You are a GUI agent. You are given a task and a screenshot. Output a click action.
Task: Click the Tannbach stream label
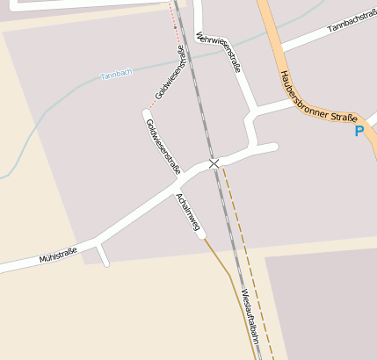pos(116,74)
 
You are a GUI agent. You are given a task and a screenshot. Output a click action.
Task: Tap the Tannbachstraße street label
pos(351,25)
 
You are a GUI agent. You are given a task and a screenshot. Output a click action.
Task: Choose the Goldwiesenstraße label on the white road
pos(163,146)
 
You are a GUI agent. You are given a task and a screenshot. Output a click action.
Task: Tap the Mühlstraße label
pos(58,256)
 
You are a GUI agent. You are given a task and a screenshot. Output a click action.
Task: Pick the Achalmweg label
pos(188,212)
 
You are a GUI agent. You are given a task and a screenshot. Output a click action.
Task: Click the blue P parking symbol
pos(359,132)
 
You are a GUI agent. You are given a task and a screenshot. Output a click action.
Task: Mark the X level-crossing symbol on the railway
pos(214,164)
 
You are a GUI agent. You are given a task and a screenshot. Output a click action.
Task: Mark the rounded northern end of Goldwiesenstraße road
pos(147,112)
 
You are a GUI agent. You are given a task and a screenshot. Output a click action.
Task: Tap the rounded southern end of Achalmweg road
pos(201,234)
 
